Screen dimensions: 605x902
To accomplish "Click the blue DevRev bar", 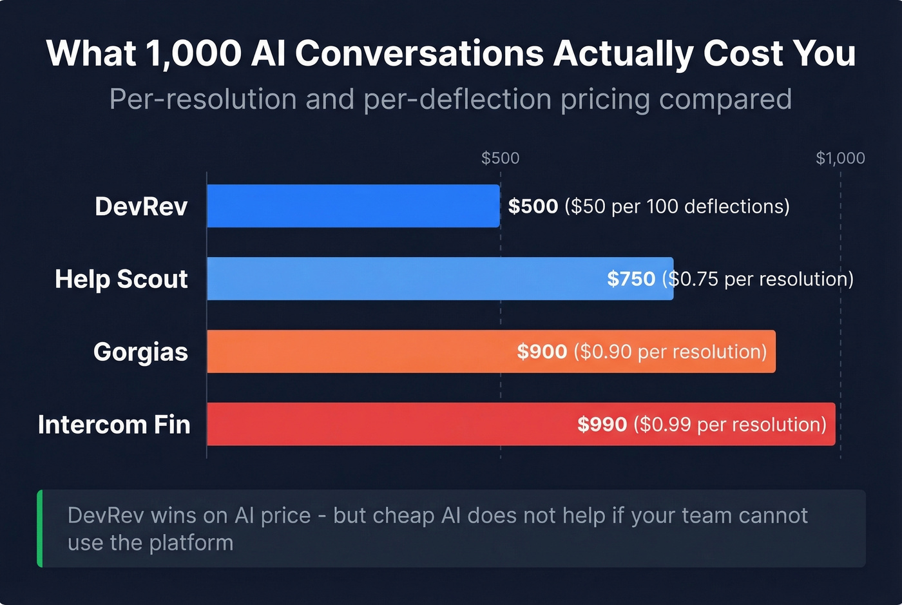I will tap(353, 206).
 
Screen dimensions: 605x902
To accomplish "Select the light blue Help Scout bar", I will tap(406, 279).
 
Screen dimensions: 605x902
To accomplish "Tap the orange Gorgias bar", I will tap(361, 352).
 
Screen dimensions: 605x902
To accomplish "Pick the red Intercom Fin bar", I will tap(387, 425).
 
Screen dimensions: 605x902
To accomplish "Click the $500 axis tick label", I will tap(500, 158).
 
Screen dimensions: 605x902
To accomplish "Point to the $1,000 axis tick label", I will tap(840, 158).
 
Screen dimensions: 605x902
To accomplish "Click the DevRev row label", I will tap(141, 207).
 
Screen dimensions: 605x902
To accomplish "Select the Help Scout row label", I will tap(121, 280).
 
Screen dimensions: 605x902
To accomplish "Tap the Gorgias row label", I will tap(140, 352).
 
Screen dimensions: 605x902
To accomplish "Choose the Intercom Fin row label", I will tap(114, 425).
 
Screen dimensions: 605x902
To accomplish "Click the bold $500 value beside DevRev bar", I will tap(533, 206).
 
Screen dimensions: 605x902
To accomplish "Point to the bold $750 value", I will tap(631, 279).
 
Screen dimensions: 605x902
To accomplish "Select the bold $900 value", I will tap(542, 352).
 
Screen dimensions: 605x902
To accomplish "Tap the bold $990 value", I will tap(602, 425).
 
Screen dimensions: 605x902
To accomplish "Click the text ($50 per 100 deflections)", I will tap(677, 206).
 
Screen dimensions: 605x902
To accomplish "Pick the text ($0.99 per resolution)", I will tap(730, 425).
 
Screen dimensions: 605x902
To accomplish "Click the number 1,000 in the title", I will tap(193, 53).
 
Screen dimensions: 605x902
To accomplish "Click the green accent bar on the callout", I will tap(40, 528).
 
